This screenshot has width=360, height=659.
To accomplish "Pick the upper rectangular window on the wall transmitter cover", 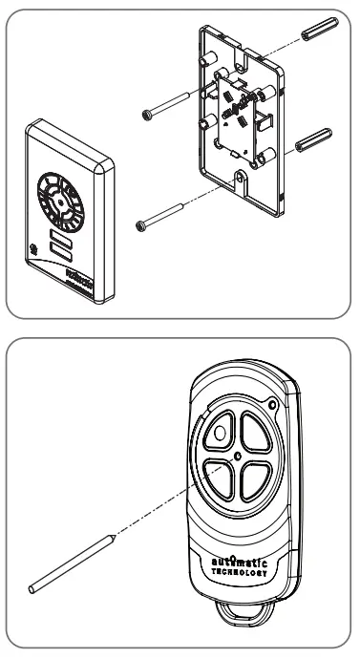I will click(63, 235).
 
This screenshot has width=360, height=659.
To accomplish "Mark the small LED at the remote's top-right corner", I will click(273, 406).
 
